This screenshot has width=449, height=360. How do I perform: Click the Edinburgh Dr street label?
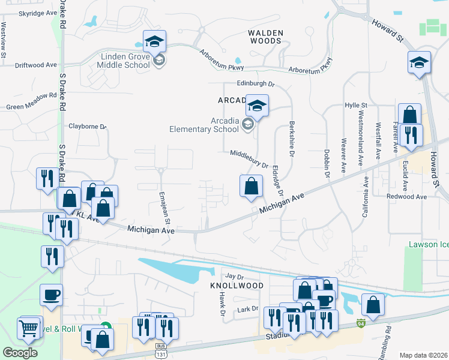(x=255, y=85)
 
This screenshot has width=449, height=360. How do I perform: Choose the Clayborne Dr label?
(x=87, y=127)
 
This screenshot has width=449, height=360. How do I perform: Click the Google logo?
(x=20, y=353)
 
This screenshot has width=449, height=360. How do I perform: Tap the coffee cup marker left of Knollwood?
(x=50, y=295)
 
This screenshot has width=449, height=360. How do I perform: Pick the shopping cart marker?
(x=29, y=328)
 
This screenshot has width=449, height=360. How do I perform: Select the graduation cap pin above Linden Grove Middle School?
(x=154, y=41)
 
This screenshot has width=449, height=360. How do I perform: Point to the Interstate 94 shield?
(x=360, y=323)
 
